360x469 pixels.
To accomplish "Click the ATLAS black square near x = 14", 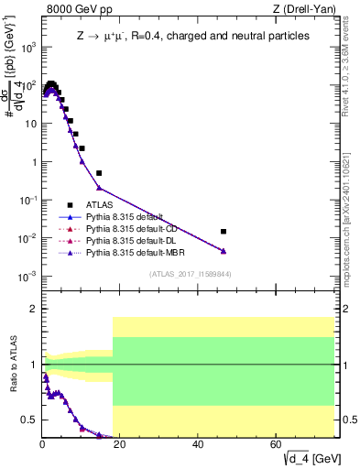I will pyautogui.click(x=99, y=172).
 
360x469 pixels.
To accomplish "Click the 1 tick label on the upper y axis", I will pyautogui.click(x=34, y=162).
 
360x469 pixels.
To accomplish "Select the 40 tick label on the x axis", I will pyautogui.click(x=199, y=445).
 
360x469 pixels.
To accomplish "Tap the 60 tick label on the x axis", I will pyautogui.click(x=277, y=445).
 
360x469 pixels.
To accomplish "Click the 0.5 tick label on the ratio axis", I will pyautogui.click(x=29, y=420).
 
